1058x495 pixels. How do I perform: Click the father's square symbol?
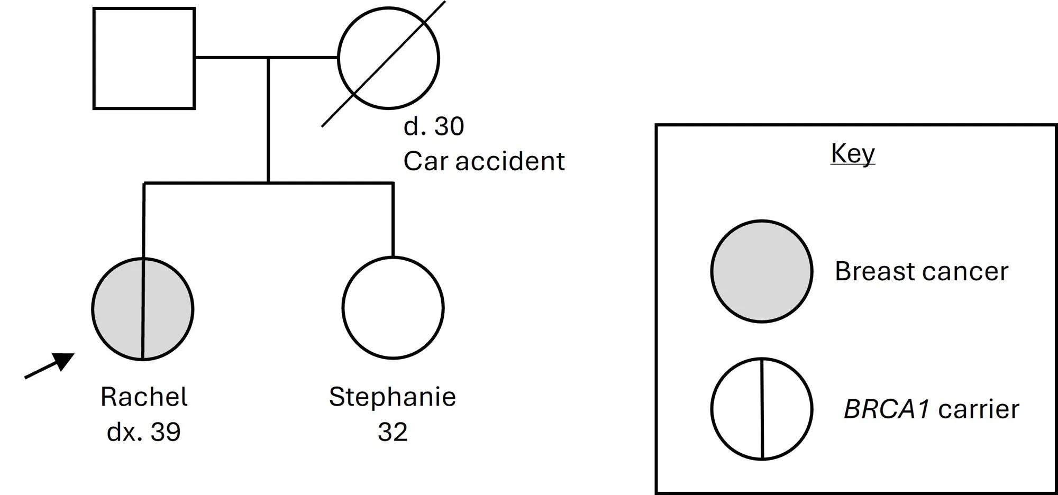pos(144,58)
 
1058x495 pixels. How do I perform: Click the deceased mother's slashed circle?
pos(388,58)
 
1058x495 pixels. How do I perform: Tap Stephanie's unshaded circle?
pos(393,308)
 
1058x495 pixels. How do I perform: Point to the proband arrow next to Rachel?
pos(50,365)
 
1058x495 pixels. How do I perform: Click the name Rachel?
pos(144,397)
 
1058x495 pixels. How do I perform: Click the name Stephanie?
pos(393,397)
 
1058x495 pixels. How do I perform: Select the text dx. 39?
pos(144,432)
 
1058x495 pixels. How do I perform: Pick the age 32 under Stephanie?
pos(393,432)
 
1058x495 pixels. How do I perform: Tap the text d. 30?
pos(434,126)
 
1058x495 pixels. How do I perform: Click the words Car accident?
pos(484,161)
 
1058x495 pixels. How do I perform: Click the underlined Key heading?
pos(853,154)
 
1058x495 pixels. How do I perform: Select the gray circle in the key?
pos(762,271)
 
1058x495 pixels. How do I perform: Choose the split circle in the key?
pos(762,409)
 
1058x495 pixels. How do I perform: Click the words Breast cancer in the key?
pos(922,271)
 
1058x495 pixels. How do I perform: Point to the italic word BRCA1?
pos(887,409)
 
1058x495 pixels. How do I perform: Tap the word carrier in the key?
pos(979,409)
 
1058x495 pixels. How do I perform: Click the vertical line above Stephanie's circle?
pos(393,219)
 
